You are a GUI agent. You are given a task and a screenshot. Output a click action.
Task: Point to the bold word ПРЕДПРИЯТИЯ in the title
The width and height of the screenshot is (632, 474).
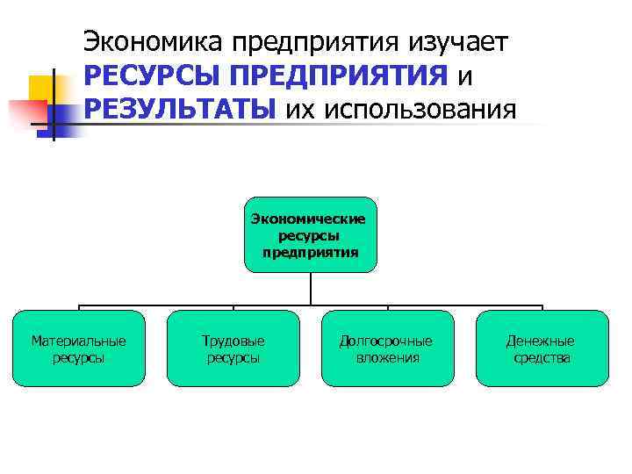[334, 76]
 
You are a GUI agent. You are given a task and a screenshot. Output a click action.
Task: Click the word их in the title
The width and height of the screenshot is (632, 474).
[298, 110]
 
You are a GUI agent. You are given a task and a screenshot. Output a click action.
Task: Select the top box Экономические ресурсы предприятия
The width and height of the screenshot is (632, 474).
[311, 234]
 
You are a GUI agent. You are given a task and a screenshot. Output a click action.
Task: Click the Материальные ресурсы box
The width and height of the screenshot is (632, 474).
[79, 348]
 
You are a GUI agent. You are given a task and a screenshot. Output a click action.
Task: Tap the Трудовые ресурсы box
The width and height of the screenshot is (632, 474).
[233, 348]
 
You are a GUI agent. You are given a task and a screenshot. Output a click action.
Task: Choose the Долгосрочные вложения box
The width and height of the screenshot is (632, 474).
[387, 348]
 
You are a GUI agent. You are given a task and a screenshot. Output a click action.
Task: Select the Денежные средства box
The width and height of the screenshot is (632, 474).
[542, 348]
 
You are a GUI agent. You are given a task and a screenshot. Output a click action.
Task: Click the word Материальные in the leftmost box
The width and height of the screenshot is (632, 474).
[79, 341]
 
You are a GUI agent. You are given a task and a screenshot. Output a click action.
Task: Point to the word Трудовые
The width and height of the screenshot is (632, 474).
[233, 341]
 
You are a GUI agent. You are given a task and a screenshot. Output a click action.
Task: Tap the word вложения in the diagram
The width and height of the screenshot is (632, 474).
[387, 357]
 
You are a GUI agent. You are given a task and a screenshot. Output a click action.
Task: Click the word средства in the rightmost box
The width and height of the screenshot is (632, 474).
[542, 357]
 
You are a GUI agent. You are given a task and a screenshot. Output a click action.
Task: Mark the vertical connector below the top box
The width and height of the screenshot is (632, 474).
[311, 289]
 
